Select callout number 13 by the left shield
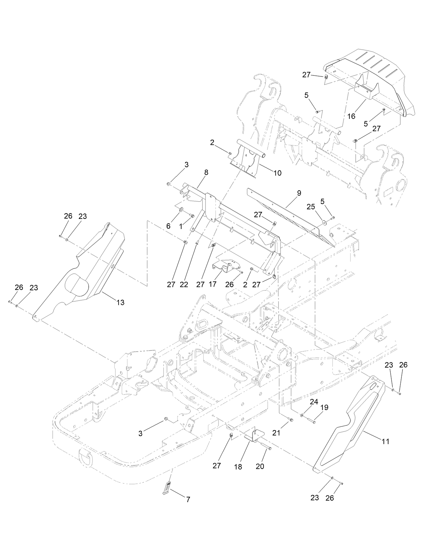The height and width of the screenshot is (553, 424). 120,302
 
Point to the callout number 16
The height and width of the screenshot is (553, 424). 351,116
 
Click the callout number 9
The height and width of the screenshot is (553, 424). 299,193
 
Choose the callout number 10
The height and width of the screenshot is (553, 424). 277,173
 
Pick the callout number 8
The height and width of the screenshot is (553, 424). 206,172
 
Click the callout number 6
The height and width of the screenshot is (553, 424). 169,226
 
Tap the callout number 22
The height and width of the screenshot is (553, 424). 184,285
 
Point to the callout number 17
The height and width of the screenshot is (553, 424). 212,285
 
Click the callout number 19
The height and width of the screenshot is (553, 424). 324,408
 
